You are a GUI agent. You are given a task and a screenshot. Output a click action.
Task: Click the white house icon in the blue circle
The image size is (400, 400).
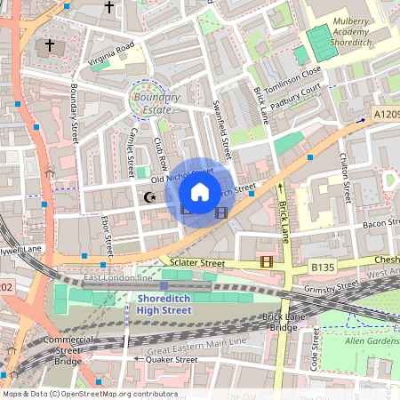click(200, 191)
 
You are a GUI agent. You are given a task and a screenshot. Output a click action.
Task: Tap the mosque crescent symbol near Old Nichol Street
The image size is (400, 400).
click(148, 197)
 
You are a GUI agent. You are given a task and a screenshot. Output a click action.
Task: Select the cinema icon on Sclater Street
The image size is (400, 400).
click(266, 261)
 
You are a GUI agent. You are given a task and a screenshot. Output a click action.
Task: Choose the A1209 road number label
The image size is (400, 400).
click(385, 114)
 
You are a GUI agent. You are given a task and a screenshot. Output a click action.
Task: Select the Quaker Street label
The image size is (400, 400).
click(172, 359)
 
